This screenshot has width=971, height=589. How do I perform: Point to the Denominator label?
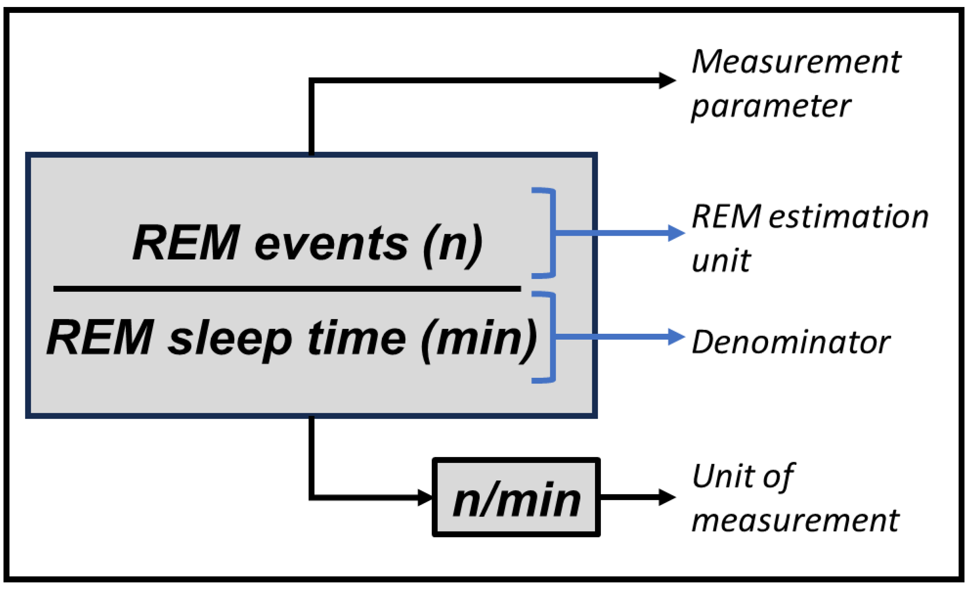pos(791,342)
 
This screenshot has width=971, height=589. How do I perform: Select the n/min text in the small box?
pos(516,500)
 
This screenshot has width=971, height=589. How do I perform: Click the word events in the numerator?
pos(331,244)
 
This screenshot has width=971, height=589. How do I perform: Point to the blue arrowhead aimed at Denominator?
pos(676,337)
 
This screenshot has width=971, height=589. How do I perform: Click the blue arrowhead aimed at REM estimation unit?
pos(676,233)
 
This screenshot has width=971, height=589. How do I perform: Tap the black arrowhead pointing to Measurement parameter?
pos(667,81)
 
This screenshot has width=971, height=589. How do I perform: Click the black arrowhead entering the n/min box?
pos(425,498)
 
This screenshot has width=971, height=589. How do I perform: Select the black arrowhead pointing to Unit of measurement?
pos(667,497)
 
